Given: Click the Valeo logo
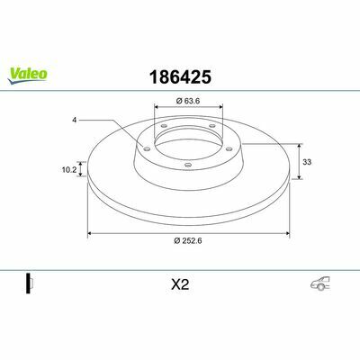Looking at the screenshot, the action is [x=27, y=75].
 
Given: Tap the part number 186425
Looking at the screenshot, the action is [x=180, y=76].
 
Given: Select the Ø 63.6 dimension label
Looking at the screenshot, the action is [x=188, y=101].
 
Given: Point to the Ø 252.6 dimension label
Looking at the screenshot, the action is [x=188, y=240].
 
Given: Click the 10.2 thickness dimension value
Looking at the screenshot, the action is [x=69, y=170].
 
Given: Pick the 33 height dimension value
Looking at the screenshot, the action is [x=307, y=162].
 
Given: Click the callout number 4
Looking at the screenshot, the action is [x=75, y=120].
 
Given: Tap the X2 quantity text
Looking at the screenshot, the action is [x=180, y=284].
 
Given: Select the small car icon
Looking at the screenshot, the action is [x=320, y=283].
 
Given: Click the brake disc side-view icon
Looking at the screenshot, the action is [x=30, y=283].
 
